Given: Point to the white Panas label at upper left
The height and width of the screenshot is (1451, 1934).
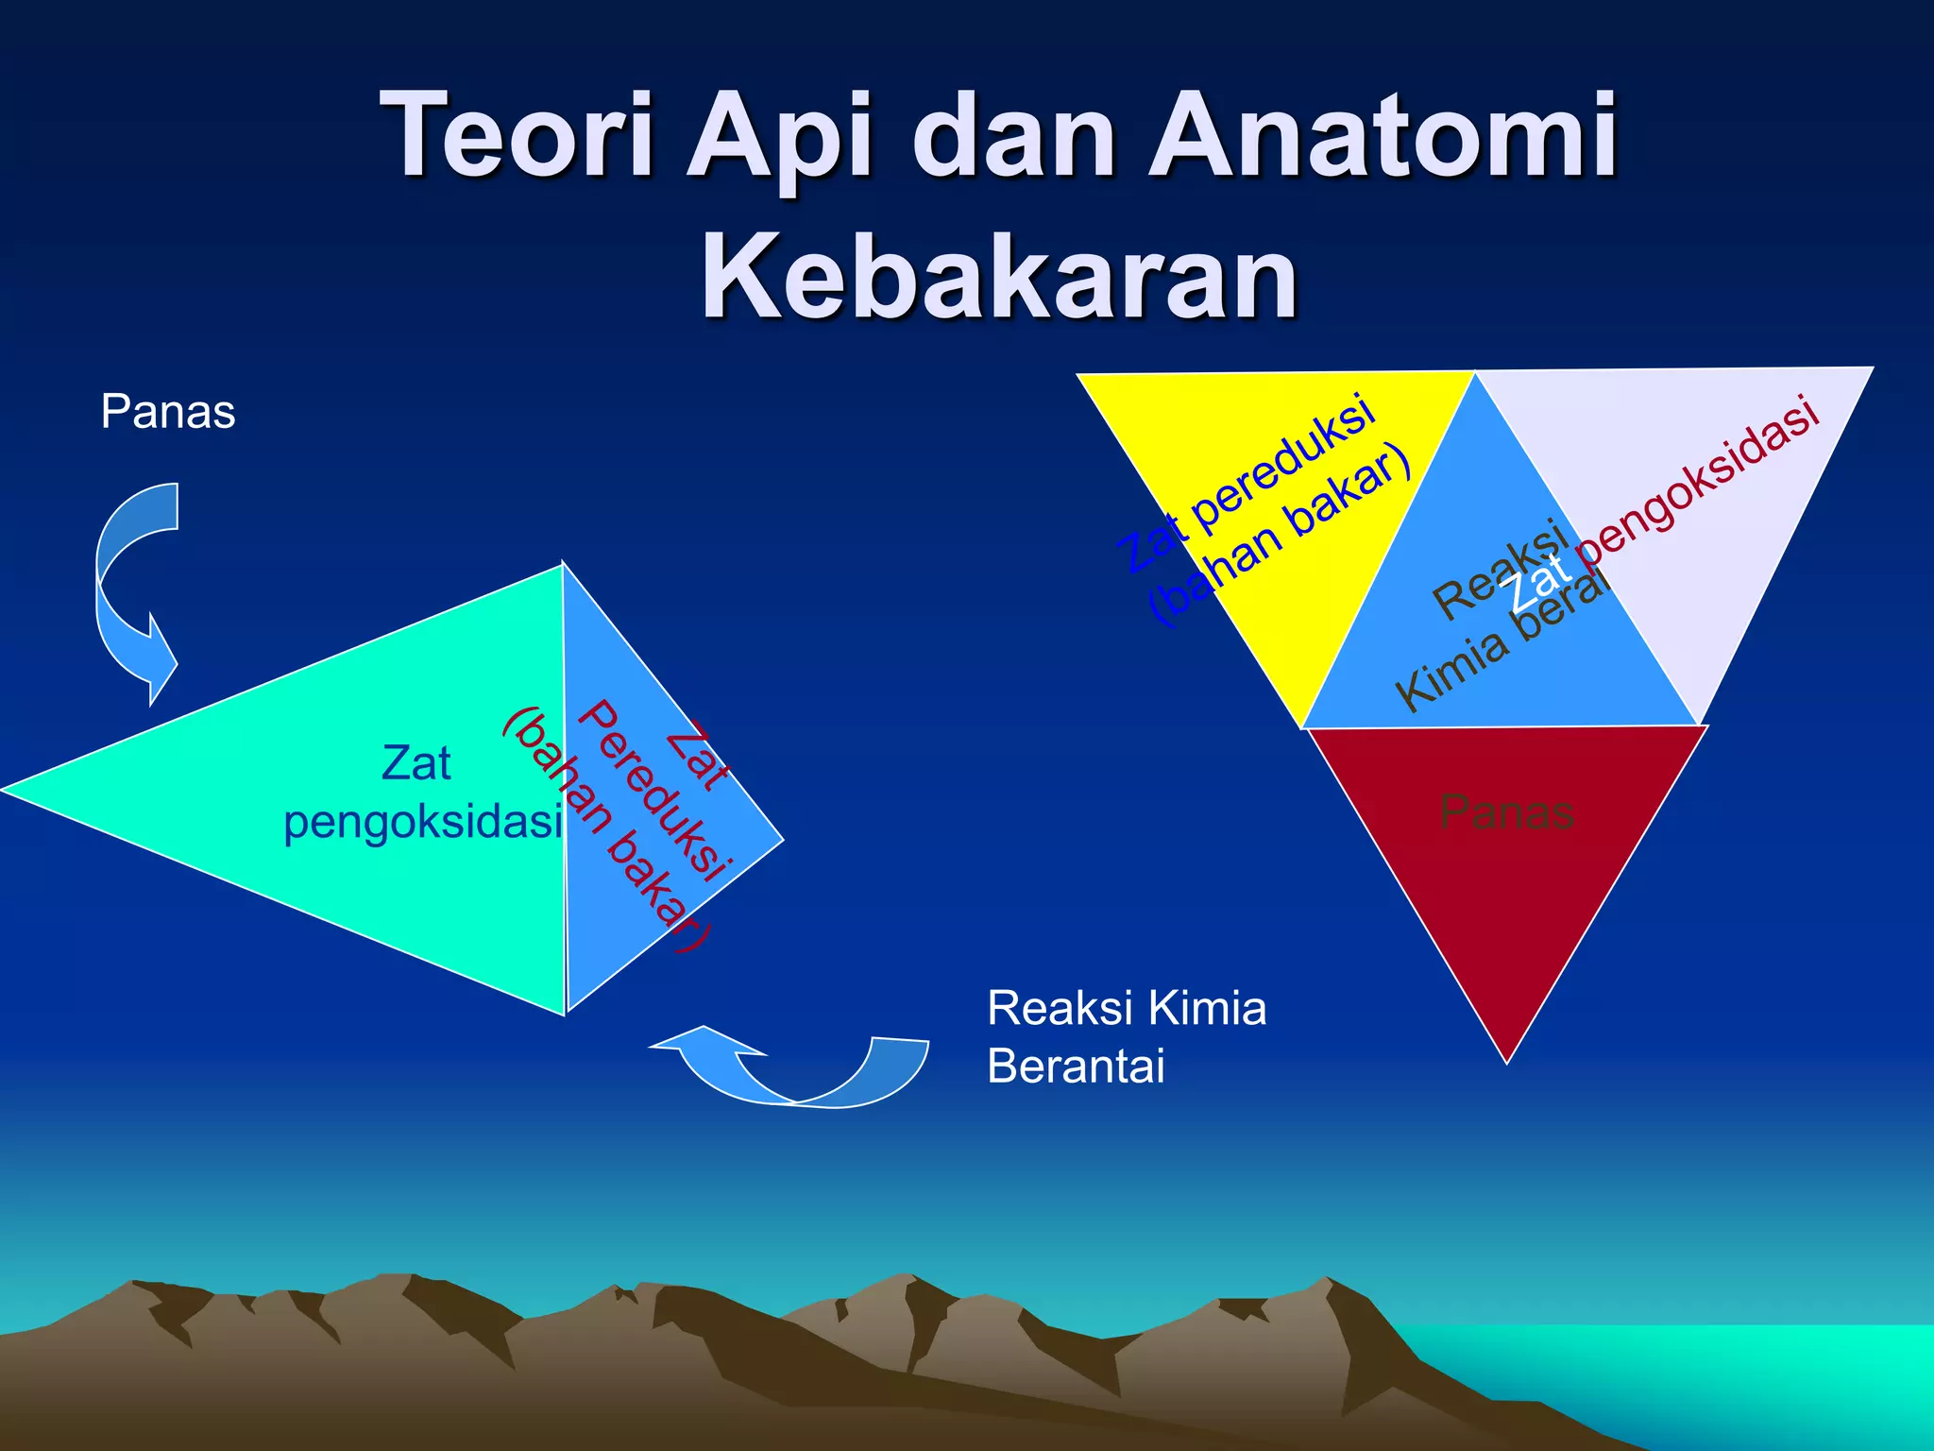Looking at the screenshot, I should [168, 412].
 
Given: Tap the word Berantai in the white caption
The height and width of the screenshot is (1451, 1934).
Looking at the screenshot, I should [1076, 1067].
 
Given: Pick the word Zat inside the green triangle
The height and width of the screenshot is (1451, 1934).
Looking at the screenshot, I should [416, 762].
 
